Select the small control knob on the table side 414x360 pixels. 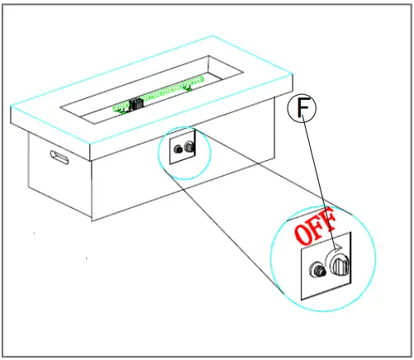tap(191, 146)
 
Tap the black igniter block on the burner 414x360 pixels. tap(137, 103)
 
